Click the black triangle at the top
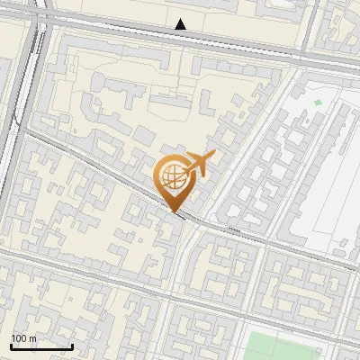[x=181, y=24]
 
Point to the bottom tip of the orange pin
[x=173, y=212]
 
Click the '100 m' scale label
[x=23, y=338]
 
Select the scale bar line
[x=41, y=346]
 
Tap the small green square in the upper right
[x=318, y=103]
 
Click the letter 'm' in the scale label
[x=32, y=338]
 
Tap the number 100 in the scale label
[x=19, y=338]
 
